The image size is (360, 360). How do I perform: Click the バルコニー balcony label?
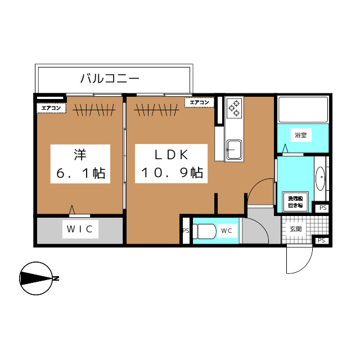pos(110,78)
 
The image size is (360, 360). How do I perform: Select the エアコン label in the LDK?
pos(199,102)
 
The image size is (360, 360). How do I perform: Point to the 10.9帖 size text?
pos(172,173)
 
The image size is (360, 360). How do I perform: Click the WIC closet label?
pos(80,229)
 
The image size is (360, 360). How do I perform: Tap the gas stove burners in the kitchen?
pos(234,107)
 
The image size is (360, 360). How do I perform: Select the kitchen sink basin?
pos(233,150)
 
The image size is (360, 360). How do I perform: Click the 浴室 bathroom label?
pos(300,135)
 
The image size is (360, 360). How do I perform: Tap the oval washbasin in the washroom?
pos(320,179)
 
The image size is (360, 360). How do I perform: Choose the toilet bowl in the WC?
pos(206,231)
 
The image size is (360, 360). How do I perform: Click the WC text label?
pos(227,231)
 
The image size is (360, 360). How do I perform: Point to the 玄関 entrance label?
pos(296,229)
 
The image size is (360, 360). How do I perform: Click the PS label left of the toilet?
pos(186,231)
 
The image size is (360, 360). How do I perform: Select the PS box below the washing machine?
pos(322,208)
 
